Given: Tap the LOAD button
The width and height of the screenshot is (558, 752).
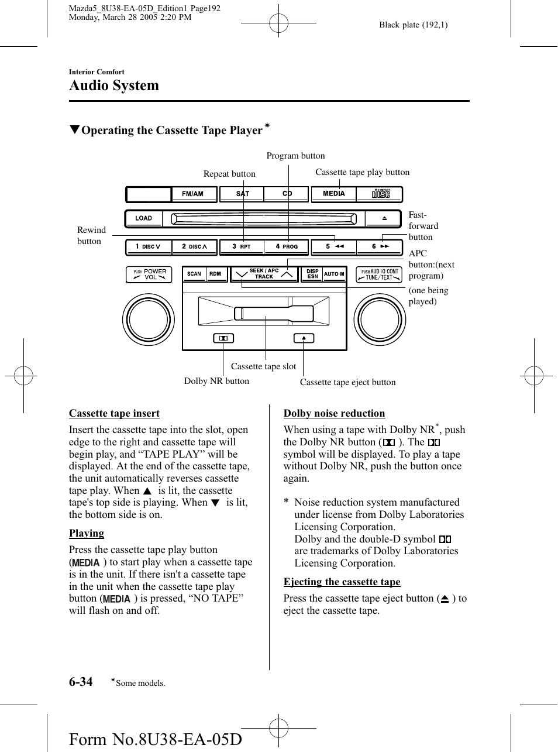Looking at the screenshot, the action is [x=144, y=218].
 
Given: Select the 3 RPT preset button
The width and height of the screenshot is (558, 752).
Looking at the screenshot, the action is [x=242, y=247].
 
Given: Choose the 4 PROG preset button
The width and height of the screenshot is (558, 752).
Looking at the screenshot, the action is [x=286, y=247].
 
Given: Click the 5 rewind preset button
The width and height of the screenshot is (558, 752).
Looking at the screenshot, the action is [x=333, y=247].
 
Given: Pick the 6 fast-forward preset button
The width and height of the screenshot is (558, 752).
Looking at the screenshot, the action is [x=380, y=247].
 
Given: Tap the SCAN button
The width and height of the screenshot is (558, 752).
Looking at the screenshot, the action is [x=194, y=274].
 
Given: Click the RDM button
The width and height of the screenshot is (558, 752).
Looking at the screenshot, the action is [x=216, y=274].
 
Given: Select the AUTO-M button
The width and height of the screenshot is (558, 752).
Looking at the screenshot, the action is [x=334, y=274].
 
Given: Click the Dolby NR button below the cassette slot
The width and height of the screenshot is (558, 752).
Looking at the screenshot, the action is [x=223, y=338].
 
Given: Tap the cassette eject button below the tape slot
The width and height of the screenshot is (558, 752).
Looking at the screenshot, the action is [x=304, y=338].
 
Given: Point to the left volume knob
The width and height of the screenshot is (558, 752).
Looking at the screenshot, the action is [x=149, y=320].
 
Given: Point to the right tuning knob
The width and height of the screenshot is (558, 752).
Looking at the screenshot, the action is [x=380, y=320].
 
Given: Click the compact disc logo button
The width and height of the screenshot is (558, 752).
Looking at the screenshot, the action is [x=380, y=194].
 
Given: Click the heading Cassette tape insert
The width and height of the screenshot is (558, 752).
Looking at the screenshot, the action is [x=114, y=413].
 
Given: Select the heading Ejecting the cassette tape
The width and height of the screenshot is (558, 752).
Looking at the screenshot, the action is [x=342, y=582].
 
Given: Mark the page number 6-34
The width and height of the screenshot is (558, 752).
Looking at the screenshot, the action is [x=81, y=682].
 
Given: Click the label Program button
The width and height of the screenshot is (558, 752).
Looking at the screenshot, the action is [x=295, y=156].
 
